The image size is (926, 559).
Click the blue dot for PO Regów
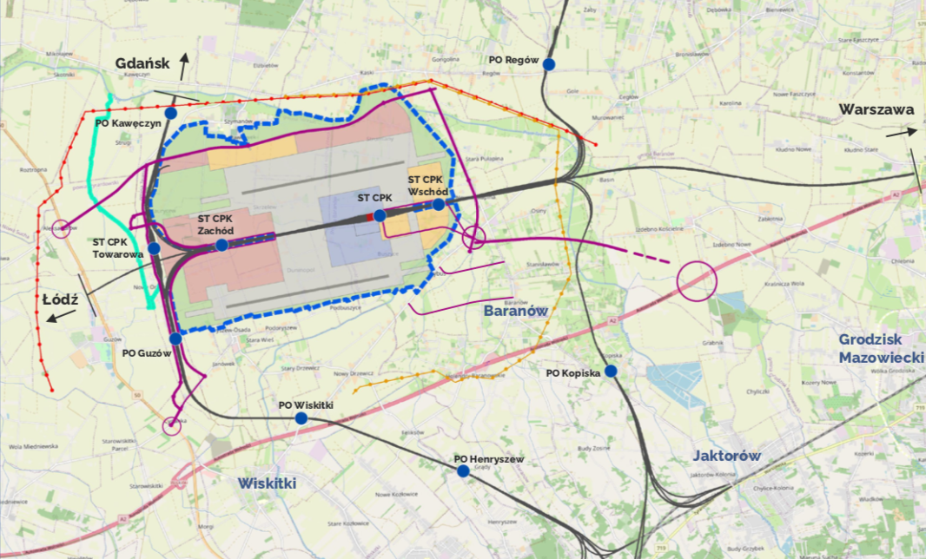(549, 63)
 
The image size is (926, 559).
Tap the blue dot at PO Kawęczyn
(171, 113)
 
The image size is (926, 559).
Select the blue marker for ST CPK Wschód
(439, 205)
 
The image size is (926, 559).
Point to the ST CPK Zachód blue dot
(222, 246)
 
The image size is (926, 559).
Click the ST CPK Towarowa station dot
(154, 248)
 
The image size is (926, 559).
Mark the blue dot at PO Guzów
(175, 339)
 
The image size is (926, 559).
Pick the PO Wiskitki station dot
(301, 418)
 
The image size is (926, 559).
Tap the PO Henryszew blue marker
(463, 471)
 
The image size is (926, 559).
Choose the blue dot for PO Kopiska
(611, 372)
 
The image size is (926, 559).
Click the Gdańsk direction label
(143, 62)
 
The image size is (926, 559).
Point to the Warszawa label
(876, 110)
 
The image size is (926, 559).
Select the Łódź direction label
(61, 299)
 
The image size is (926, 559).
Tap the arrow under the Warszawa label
(902, 133)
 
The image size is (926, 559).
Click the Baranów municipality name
(515, 310)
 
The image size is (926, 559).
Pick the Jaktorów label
(727, 456)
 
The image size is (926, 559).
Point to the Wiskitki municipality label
(268, 483)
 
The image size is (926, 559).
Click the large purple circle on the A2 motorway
(696, 281)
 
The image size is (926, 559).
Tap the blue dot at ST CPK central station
(380, 215)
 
